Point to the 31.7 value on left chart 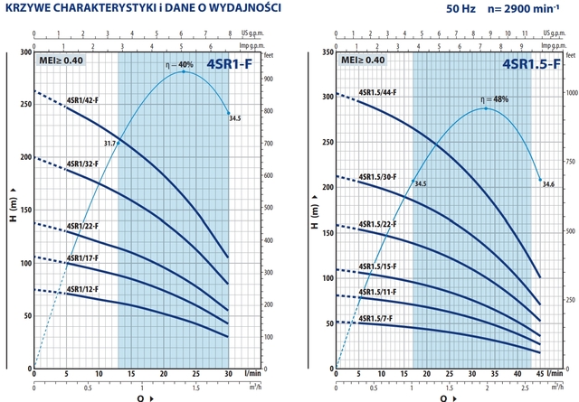click(x=110, y=143)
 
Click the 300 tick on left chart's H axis click(x=22, y=52)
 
